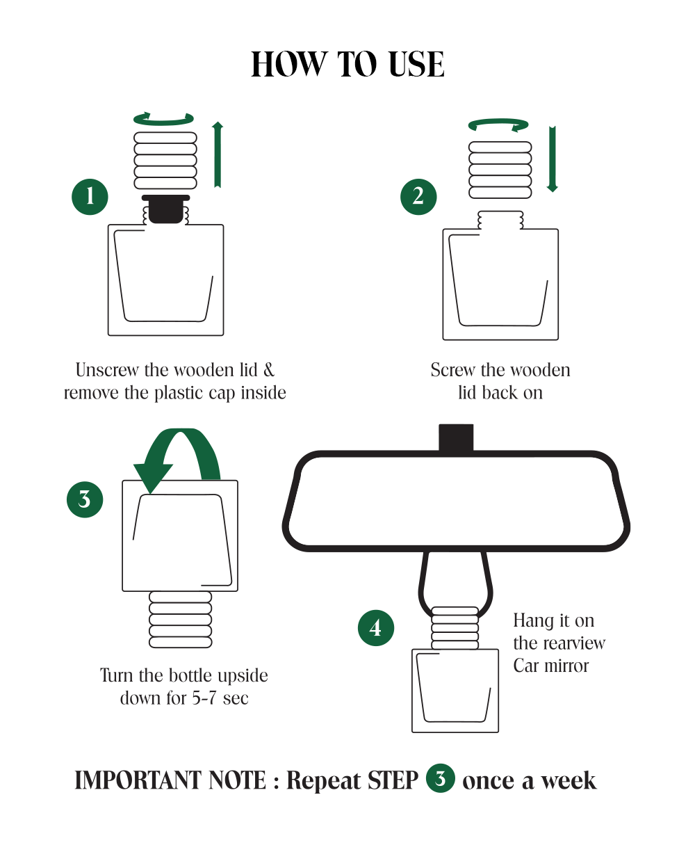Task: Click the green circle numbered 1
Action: coord(90,196)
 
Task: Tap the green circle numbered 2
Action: coord(418,196)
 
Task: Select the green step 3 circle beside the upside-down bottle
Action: coord(85,499)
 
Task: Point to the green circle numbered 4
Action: coord(376,627)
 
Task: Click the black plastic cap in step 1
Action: coord(165,209)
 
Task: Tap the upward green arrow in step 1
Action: coord(218,154)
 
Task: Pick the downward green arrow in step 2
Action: coord(553,159)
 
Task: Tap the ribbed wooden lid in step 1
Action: coord(165,161)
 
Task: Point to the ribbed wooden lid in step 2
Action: coord(500,170)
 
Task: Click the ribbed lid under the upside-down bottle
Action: coord(180,620)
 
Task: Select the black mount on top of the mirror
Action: coord(456,437)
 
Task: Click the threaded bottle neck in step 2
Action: coord(500,220)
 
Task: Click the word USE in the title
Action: coord(417,64)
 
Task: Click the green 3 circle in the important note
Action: coord(440,778)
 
